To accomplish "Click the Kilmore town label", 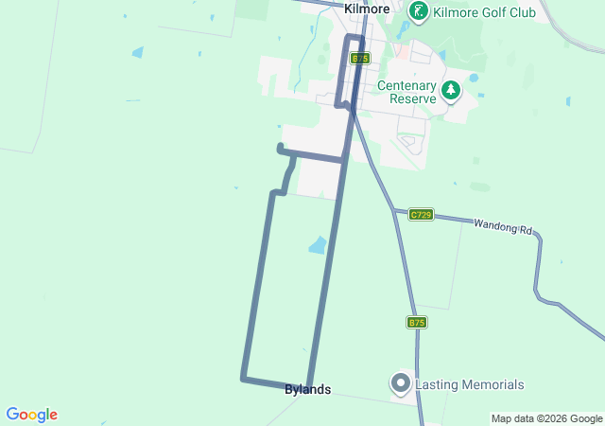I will (x=367, y=9).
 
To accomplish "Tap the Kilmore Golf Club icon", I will (x=419, y=11).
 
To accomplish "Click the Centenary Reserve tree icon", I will (x=451, y=91).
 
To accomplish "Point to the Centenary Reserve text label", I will (x=406, y=92).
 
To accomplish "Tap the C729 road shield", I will (x=421, y=215).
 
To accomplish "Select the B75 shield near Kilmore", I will (x=359, y=58).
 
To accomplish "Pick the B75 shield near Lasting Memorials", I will (x=417, y=323).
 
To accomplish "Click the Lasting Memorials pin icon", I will (x=400, y=383).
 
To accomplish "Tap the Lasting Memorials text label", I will (x=469, y=384).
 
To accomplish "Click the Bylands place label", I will (x=307, y=389).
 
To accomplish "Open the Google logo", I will (x=31, y=415).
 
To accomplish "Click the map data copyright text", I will (x=546, y=418).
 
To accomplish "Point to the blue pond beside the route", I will (x=318, y=246).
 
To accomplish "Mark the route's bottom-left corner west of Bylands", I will (x=243, y=379).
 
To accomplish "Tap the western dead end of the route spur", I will (x=280, y=147).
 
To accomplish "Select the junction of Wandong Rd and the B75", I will (x=395, y=210).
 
